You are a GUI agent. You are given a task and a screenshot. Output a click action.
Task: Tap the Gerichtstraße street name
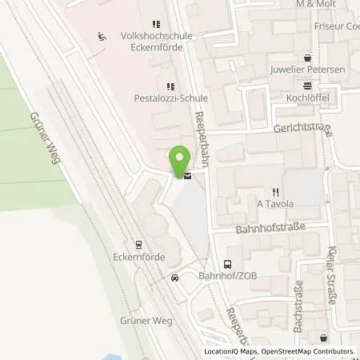(x=302, y=127)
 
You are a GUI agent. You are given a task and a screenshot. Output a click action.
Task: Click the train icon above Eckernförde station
(x=139, y=245)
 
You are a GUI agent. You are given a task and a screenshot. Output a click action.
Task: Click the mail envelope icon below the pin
(x=187, y=176)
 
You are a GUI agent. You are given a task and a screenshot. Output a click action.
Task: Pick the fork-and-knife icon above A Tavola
(x=276, y=191)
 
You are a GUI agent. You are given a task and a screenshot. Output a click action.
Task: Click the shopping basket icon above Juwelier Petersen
(x=309, y=58)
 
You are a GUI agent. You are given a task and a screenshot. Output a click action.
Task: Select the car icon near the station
(x=174, y=278)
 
